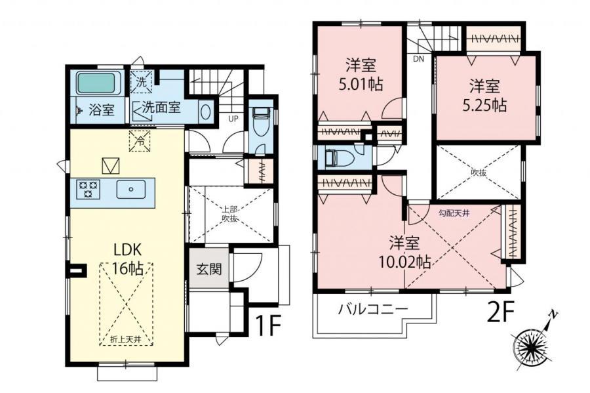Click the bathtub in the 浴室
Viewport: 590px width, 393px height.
(96, 83)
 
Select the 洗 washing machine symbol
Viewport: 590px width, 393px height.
(142, 82)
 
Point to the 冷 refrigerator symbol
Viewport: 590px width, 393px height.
(140, 141)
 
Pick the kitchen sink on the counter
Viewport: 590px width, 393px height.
(131, 189)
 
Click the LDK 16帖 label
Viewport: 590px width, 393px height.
(128, 259)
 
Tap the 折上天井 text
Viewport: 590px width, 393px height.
(126, 339)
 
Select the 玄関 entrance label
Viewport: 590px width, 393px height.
(209, 269)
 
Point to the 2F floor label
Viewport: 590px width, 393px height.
(500, 312)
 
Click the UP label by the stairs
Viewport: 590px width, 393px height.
(233, 119)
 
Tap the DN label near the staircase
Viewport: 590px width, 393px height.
(418, 59)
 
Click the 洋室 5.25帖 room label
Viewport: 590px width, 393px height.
(484, 96)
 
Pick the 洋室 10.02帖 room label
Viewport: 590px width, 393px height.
(404, 252)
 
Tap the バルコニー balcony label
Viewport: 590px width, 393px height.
(373, 310)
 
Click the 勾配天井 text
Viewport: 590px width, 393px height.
(454, 213)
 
